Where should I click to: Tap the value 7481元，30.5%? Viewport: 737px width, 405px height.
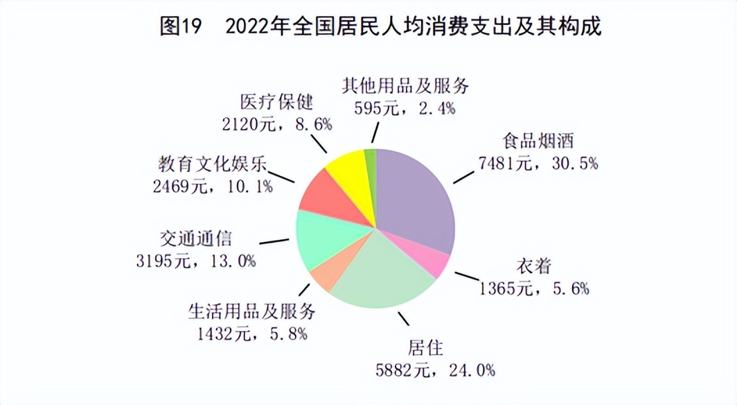(x=538, y=164)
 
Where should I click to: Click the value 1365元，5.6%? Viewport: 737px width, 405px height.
(x=533, y=288)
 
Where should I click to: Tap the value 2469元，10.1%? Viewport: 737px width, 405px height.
(x=211, y=186)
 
